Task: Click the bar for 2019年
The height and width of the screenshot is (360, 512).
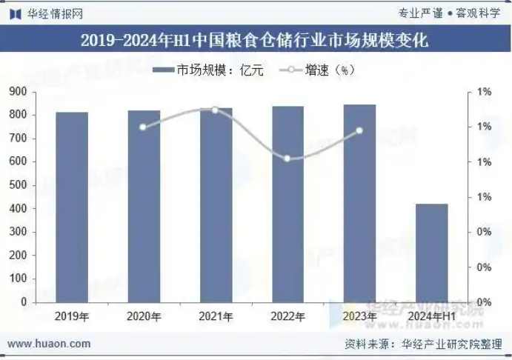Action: click(x=72, y=207)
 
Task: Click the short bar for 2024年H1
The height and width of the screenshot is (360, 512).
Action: click(x=431, y=253)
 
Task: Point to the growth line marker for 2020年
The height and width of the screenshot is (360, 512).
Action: click(x=143, y=127)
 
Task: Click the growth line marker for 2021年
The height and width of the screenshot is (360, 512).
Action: click(x=215, y=110)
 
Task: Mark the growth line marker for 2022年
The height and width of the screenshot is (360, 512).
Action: click(x=287, y=158)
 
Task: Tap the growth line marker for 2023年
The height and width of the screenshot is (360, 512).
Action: click(x=359, y=130)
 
